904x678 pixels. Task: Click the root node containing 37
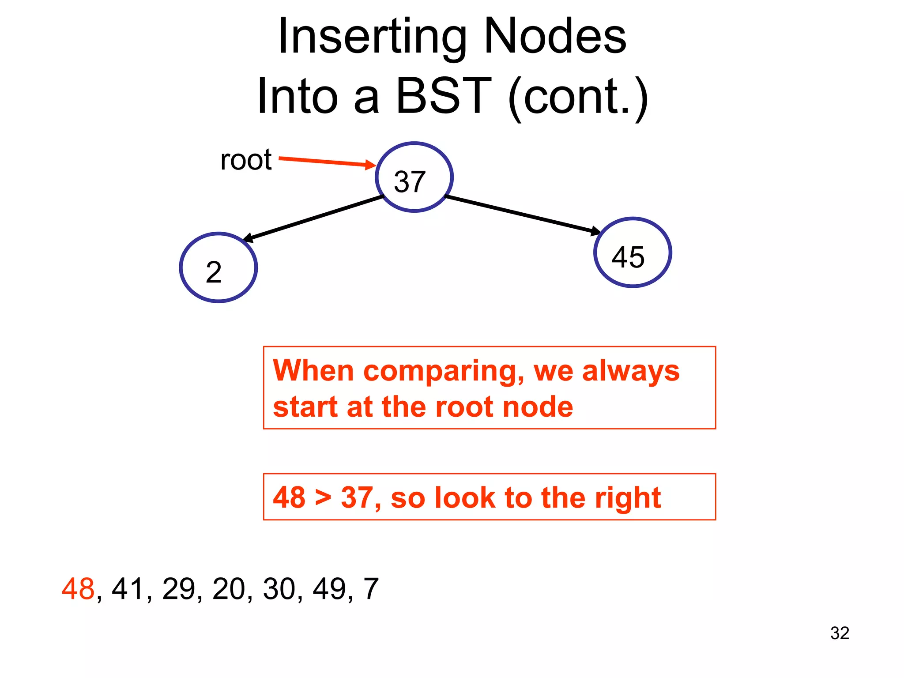point(414,177)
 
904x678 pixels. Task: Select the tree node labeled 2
point(218,267)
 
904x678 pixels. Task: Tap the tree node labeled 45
point(632,252)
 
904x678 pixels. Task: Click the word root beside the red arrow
point(246,160)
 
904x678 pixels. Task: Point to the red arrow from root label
point(327,162)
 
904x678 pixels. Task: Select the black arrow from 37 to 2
point(313,218)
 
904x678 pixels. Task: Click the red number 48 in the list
point(78,589)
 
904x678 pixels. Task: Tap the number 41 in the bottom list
point(128,589)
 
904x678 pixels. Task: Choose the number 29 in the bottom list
point(178,589)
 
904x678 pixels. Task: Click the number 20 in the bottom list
point(229,589)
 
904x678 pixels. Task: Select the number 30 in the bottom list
point(279,589)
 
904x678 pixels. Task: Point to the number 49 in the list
point(329,589)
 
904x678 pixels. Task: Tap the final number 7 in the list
point(371,589)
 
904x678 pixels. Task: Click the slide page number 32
point(840,633)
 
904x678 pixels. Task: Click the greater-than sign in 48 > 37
point(323,498)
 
